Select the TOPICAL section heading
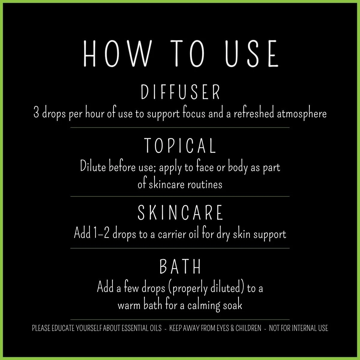click(180, 145)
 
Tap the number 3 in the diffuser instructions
click(36, 114)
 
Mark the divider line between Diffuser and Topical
click(180, 127)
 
